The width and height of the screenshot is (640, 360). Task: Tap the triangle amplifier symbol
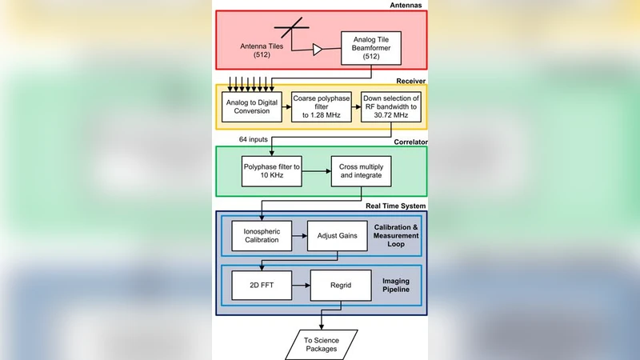(x=318, y=50)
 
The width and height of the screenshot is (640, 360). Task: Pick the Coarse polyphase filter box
(x=318, y=106)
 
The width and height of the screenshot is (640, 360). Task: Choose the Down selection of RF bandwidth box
(x=386, y=106)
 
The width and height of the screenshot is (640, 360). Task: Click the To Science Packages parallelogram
(x=321, y=344)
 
